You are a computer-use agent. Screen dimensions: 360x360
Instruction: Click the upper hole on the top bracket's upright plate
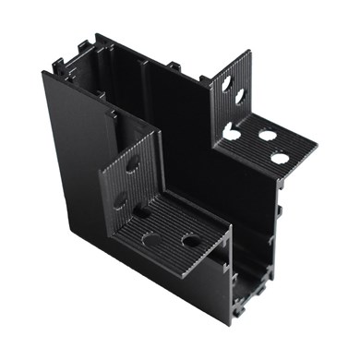coord(226,84)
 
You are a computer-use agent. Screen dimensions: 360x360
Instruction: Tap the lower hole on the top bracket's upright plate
coord(239,95)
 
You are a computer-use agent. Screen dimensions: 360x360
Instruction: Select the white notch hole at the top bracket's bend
coord(228,131)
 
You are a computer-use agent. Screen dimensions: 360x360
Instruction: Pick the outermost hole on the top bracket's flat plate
coord(280,158)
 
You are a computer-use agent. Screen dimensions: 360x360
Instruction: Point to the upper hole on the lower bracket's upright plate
coord(133,167)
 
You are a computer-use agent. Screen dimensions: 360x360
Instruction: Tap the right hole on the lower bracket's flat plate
coord(191,242)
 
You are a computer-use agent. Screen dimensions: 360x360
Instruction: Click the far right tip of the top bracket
coord(317,145)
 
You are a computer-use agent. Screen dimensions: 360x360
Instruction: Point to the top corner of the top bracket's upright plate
coord(248,52)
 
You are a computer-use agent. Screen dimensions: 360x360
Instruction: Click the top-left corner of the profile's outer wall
coord(42,71)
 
